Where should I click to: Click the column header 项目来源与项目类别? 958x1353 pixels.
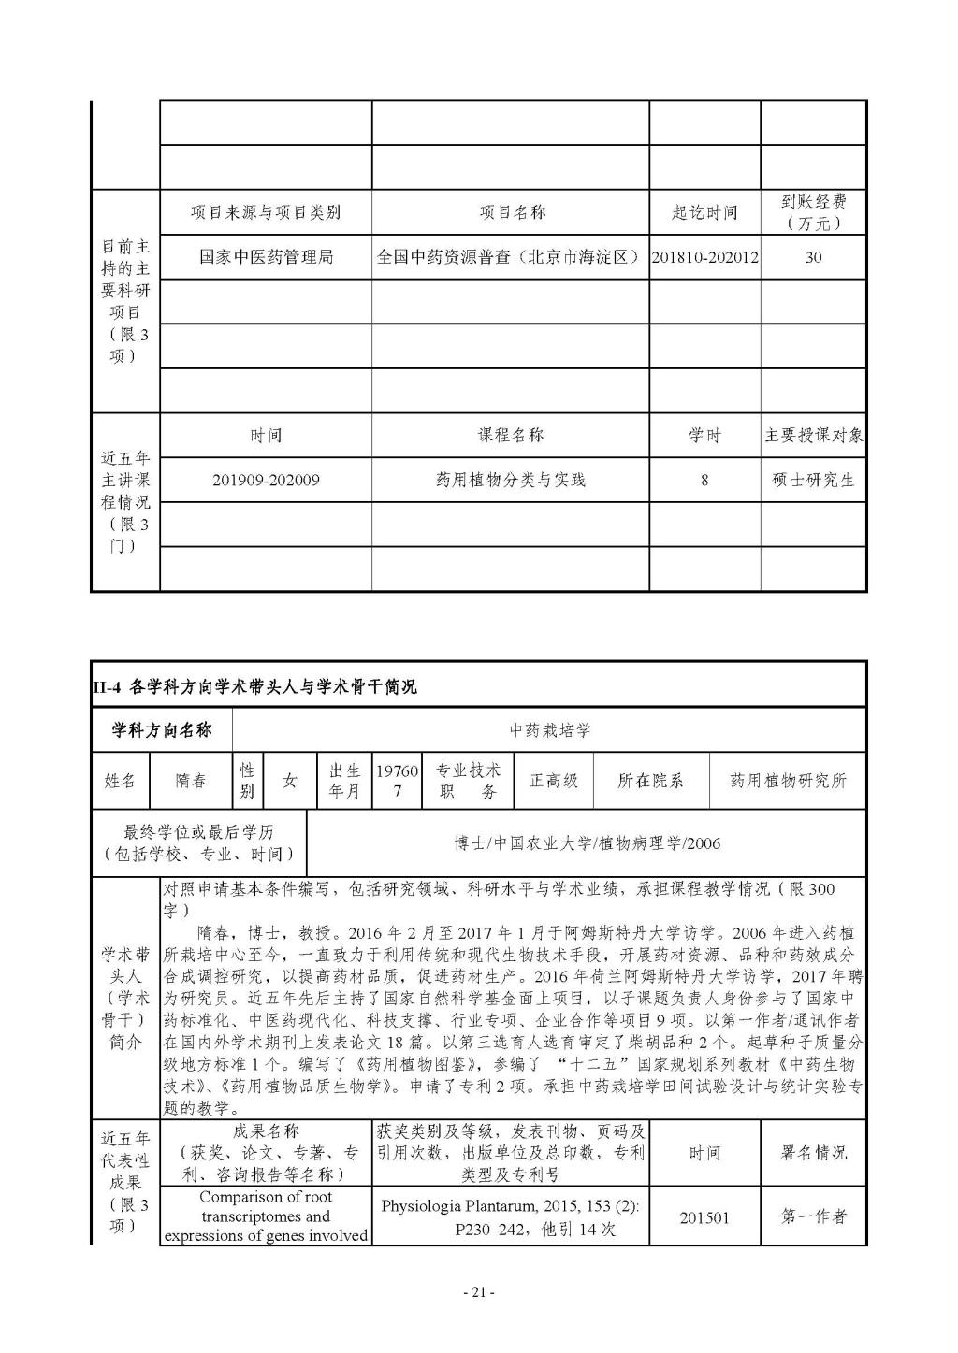pyautogui.click(x=266, y=212)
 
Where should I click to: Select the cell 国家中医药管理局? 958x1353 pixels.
pyautogui.click(x=266, y=256)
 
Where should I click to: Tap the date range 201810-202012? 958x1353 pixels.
pyautogui.click(x=704, y=257)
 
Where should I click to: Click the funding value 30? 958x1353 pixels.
pyautogui.click(x=813, y=257)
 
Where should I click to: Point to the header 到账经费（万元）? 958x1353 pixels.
pyautogui.click(x=813, y=212)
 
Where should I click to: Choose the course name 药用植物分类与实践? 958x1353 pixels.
pyautogui.click(x=510, y=480)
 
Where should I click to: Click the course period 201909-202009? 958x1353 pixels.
pyautogui.click(x=266, y=480)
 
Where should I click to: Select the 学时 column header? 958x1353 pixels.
pyautogui.click(x=704, y=435)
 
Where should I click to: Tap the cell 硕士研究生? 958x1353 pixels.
pyautogui.click(x=813, y=480)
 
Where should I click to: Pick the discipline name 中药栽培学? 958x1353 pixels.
pyautogui.click(x=550, y=730)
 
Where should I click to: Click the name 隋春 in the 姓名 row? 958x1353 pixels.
pyautogui.click(x=192, y=780)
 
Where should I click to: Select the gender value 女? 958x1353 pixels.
pyautogui.click(x=290, y=780)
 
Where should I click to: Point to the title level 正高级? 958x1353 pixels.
pyautogui.click(x=554, y=780)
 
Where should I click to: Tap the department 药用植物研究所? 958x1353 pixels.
pyautogui.click(x=788, y=780)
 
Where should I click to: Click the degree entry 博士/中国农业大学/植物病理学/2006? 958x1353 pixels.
pyautogui.click(x=588, y=843)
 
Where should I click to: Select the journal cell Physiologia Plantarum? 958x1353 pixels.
pyautogui.click(x=510, y=1216)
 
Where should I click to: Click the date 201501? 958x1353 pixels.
pyautogui.click(x=704, y=1217)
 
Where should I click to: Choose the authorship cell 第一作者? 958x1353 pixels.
pyautogui.click(x=813, y=1216)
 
